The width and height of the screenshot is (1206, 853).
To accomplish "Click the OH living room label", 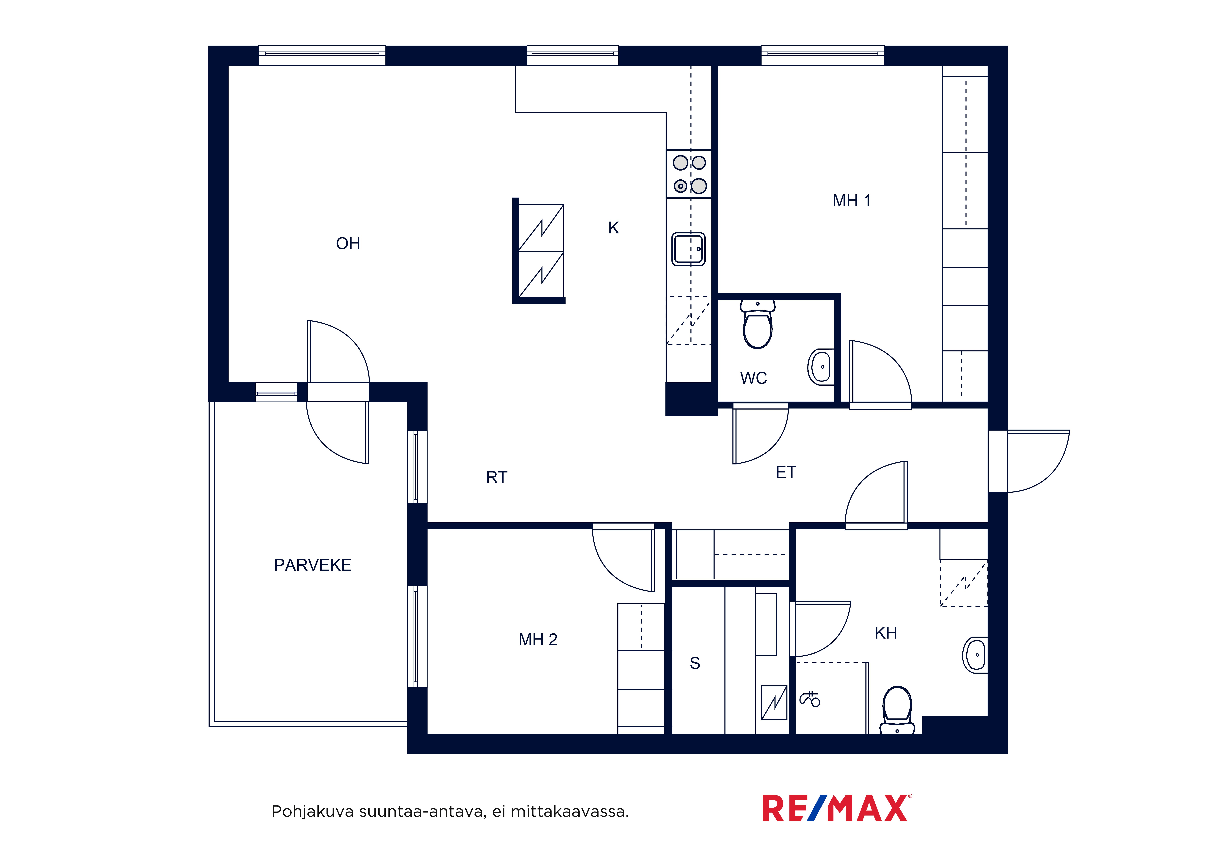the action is click(348, 243).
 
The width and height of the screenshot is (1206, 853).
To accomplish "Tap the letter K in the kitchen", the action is click(614, 228).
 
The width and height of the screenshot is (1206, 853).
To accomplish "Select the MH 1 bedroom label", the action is click(852, 200).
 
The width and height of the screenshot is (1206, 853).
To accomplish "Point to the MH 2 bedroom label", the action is click(538, 639).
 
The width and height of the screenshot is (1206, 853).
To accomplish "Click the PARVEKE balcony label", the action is click(313, 565).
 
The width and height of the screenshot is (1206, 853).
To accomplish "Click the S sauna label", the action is click(695, 663).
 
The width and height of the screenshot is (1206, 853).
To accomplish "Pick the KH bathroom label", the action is click(886, 633).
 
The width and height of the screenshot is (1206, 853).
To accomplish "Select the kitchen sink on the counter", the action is click(688, 249).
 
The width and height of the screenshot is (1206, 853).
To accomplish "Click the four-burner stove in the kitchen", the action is click(689, 174).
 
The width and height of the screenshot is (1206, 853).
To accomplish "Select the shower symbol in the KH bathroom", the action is click(809, 699).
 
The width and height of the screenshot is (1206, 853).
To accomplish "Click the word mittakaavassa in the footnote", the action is click(569, 811).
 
